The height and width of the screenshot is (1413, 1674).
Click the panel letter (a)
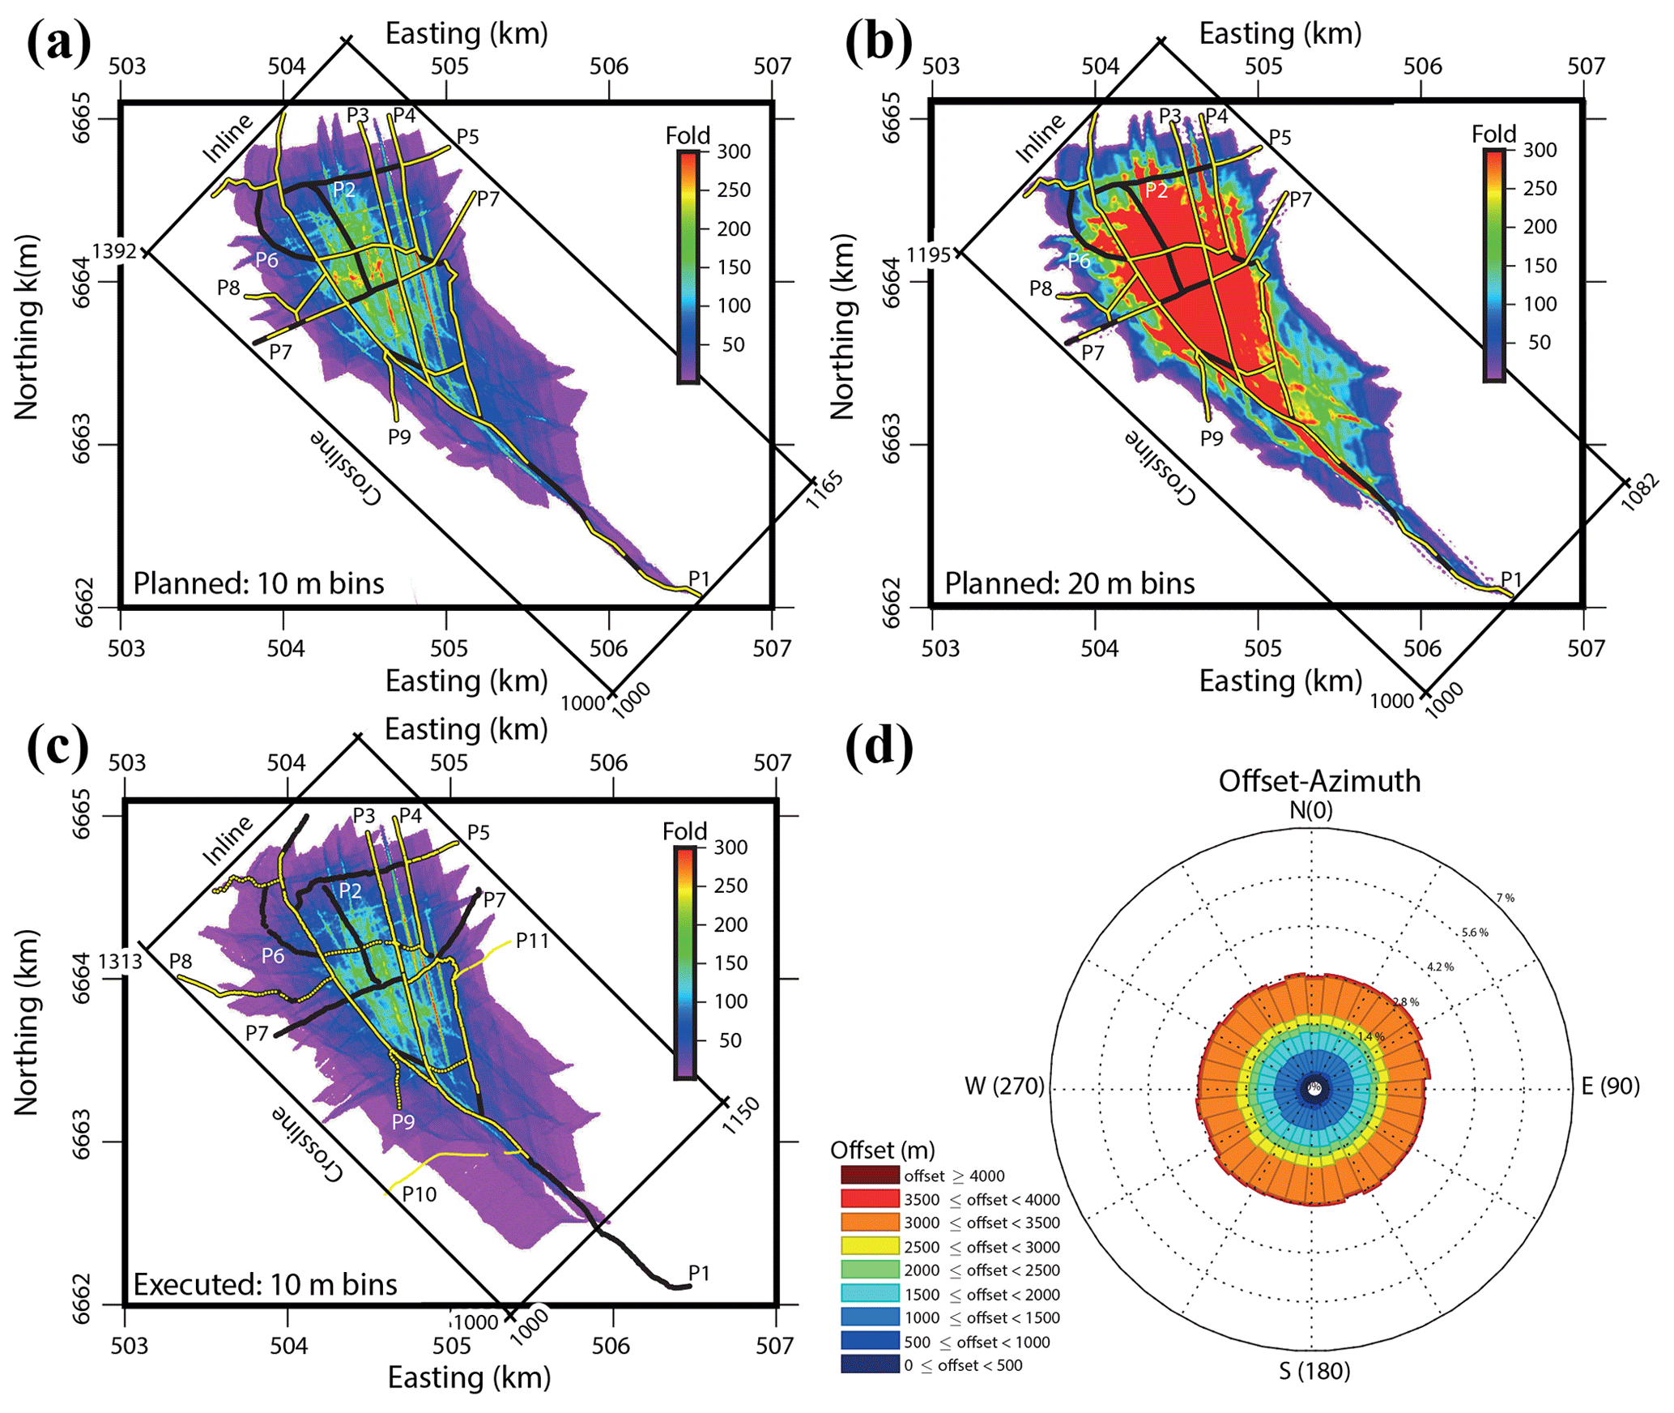tap(58, 42)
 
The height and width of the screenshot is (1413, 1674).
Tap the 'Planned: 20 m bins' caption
tap(1069, 583)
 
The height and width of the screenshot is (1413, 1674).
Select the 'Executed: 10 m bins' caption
tap(265, 1284)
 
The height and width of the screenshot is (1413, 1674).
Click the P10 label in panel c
tap(419, 1193)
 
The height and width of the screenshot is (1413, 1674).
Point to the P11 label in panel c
tap(532, 940)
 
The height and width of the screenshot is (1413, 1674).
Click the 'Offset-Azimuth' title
tap(1319, 781)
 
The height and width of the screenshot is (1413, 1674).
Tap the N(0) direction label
tap(1311, 810)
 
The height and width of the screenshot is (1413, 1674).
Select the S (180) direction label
tap(1314, 1371)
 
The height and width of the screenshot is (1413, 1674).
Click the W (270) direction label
tap(1004, 1086)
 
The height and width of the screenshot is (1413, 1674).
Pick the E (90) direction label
tap(1610, 1086)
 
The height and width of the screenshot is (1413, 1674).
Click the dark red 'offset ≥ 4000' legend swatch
tap(870, 1175)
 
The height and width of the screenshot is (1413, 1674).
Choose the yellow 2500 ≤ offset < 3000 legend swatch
tap(870, 1246)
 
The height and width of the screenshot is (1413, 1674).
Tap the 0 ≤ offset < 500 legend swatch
tap(870, 1365)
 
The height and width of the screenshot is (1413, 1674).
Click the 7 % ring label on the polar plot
tap(1505, 898)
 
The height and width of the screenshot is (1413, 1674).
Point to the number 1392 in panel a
tap(114, 251)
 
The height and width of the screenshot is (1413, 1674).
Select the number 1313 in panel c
tap(120, 961)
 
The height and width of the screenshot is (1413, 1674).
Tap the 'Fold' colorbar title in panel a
tap(688, 135)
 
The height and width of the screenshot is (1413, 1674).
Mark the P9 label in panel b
tap(1212, 438)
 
